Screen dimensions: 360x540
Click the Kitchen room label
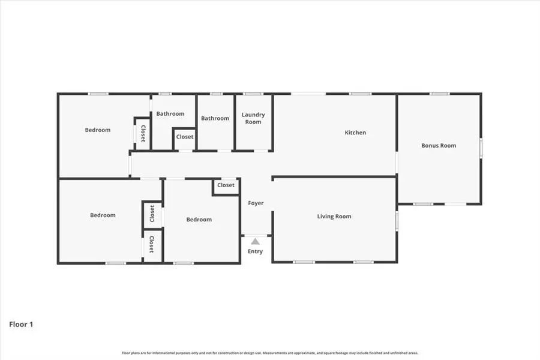click(355, 133)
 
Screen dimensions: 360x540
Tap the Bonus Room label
click(439, 145)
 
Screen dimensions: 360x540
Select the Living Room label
click(334, 217)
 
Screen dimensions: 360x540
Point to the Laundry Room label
click(253, 118)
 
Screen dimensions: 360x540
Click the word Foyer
click(256, 203)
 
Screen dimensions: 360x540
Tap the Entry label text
click(255, 251)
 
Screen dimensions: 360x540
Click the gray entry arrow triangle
click(255, 241)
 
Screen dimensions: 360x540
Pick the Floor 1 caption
click(21, 325)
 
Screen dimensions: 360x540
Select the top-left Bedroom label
click(97, 130)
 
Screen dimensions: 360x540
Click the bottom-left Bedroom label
click(103, 215)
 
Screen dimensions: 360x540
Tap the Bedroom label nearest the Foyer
click(199, 220)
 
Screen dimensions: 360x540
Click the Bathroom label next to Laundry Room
click(215, 118)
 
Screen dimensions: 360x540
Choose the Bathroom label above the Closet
click(170, 113)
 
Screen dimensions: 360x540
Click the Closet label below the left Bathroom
click(185, 137)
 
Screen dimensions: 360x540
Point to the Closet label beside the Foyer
click(226, 185)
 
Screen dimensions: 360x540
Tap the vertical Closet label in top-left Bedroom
click(143, 133)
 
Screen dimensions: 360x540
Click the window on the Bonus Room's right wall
click(481, 148)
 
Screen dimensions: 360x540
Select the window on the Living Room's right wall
click(396, 220)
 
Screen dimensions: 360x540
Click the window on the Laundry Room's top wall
click(253, 94)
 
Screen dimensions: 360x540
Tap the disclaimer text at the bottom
click(270, 353)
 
